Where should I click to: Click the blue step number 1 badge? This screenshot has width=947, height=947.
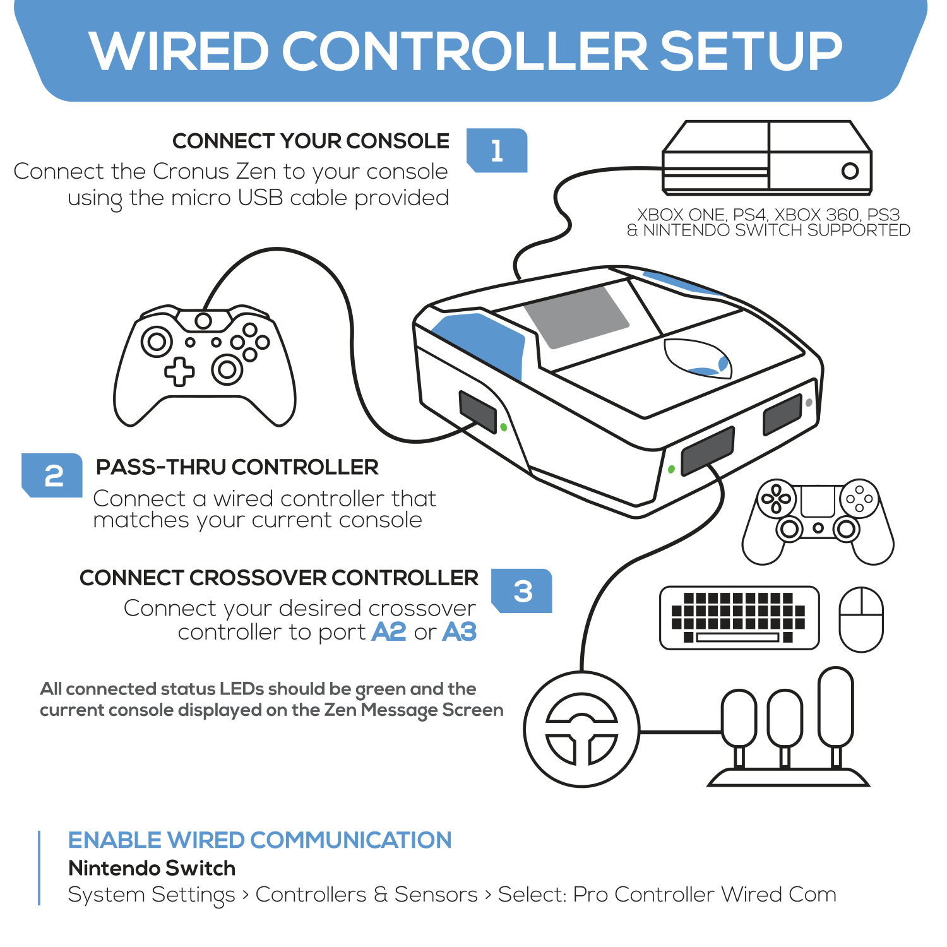(497, 150)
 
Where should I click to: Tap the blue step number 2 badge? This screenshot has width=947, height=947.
(53, 475)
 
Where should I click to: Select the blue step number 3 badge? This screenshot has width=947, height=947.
(522, 591)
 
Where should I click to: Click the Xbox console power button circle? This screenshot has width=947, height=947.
(850, 170)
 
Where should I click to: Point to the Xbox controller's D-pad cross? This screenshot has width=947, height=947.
(179, 371)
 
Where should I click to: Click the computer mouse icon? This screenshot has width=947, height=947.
(861, 619)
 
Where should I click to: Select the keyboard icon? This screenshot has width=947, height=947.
(739, 617)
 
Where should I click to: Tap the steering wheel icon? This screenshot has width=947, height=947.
(581, 729)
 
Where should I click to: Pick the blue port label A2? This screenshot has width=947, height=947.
(388, 631)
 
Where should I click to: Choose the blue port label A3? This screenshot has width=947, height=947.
(459, 631)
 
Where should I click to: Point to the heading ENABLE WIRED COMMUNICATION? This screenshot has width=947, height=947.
(259, 840)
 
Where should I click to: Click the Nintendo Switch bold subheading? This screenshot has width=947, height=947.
(152, 868)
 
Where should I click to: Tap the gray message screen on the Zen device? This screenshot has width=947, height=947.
(576, 316)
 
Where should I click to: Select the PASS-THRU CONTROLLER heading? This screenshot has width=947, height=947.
(237, 467)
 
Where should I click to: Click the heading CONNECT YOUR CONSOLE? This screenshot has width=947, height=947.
(311, 141)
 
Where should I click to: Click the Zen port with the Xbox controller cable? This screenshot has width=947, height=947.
(478, 412)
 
